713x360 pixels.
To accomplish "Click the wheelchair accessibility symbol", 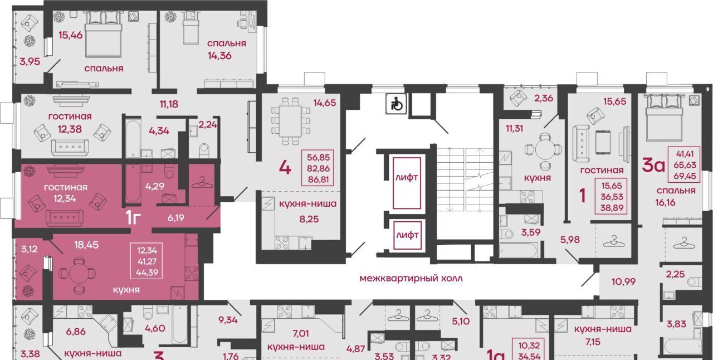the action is tap(396, 104).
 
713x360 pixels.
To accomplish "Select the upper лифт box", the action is tap(407, 183).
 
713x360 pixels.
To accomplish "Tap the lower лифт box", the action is tap(407, 235).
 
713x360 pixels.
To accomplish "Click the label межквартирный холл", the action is tap(411, 279).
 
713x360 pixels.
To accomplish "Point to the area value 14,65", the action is tap(325, 103).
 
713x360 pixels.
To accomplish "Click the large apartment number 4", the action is tap(285, 168).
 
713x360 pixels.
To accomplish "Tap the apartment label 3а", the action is tap(653, 166).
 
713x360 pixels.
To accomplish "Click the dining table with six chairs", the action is tap(291, 121).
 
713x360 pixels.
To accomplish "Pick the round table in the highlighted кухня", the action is tap(77, 274).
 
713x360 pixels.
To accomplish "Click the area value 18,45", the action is tap(86, 245).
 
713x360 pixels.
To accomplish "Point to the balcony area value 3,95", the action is tap(30, 61).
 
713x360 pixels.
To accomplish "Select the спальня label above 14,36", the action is tap(226, 43).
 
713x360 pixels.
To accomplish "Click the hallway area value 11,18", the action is tap(169, 104).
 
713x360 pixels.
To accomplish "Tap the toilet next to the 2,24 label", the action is tap(204, 150).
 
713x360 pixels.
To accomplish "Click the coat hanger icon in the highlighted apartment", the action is tap(202, 183).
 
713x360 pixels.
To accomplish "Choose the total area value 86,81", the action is tap(319, 180).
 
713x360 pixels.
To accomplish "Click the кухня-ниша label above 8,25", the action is tap(307, 203).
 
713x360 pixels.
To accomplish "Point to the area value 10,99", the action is tap(623, 281).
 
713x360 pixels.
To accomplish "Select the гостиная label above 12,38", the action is tap(70, 116).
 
